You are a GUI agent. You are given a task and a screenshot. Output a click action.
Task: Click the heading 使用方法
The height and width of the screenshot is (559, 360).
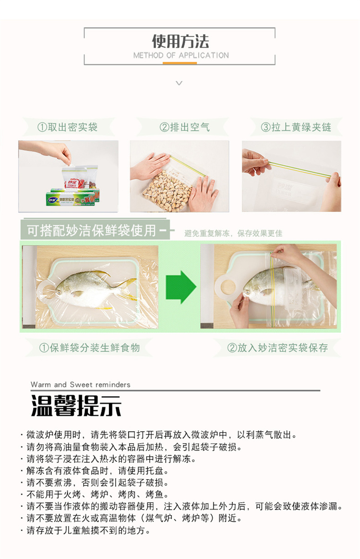180,41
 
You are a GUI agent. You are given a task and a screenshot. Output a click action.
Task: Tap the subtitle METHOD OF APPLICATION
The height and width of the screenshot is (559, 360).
181,55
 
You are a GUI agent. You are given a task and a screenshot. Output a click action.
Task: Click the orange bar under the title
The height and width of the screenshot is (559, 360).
180,63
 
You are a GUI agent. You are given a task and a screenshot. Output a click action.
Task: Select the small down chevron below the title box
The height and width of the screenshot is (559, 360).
180,83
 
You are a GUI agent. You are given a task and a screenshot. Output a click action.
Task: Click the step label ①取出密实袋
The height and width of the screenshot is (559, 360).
67,127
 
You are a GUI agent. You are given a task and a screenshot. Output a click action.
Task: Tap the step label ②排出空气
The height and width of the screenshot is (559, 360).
184,127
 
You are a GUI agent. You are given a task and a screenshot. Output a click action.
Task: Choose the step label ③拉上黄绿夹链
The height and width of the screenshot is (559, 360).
296,127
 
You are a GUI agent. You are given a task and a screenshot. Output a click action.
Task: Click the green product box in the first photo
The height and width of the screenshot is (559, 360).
72,197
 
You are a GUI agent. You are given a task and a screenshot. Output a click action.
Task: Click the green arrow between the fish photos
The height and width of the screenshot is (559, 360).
180,287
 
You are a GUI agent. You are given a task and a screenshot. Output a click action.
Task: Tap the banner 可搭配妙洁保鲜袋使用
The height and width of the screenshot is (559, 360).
92,231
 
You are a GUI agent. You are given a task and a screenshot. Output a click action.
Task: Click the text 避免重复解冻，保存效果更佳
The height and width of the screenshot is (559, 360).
233,233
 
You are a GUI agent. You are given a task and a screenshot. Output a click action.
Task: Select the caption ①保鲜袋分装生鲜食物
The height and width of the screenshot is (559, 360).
89,348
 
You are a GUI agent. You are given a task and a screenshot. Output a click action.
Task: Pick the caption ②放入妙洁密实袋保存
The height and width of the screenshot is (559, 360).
277,348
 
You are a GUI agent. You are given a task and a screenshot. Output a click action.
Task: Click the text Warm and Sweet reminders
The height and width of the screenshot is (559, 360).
81,384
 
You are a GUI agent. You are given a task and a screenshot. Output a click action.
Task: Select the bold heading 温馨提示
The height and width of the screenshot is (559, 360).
76,406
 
